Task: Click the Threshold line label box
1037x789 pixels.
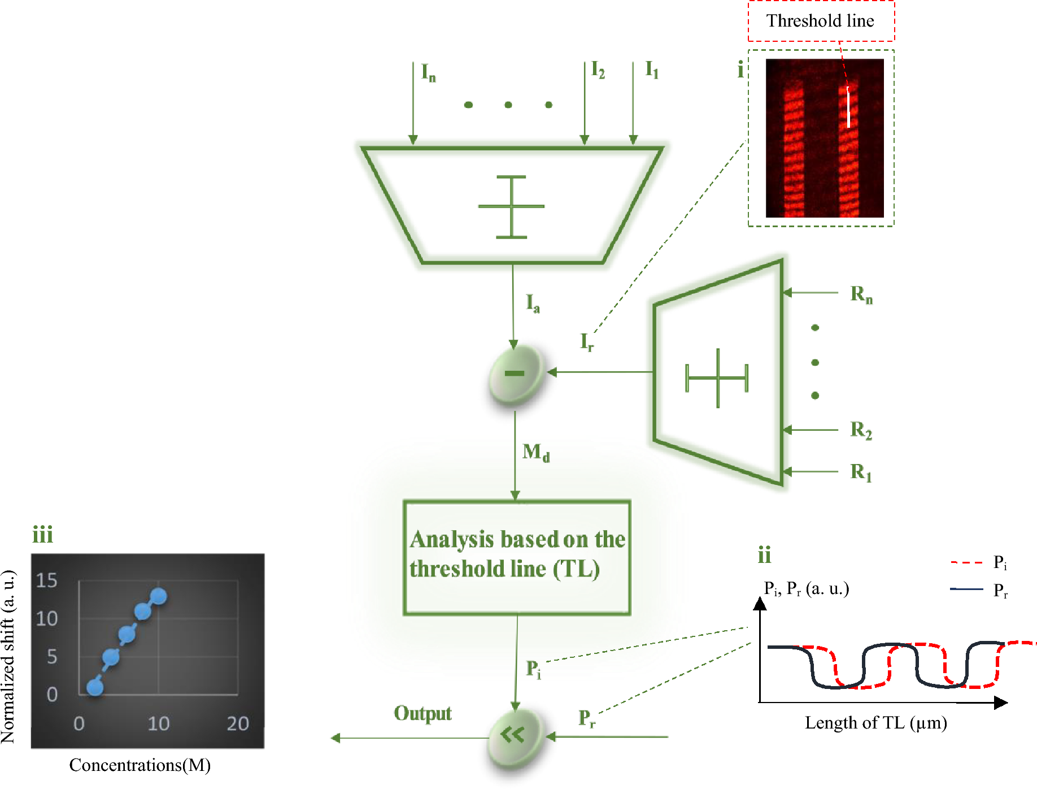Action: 821,21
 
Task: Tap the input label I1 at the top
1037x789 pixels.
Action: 652,70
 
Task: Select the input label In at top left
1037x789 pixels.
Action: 428,72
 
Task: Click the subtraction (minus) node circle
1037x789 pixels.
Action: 515,374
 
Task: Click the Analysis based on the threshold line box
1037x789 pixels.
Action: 517,557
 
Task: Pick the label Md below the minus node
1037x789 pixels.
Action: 535,452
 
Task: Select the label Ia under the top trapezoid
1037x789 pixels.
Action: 533,303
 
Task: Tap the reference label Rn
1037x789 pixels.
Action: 861,294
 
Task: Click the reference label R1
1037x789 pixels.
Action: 861,472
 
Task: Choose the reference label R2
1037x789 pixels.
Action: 861,430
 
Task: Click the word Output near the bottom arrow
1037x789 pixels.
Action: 422,713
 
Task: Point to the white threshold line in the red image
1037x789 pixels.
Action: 848,107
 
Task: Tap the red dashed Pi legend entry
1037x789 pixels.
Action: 979,563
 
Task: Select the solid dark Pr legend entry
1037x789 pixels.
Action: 979,590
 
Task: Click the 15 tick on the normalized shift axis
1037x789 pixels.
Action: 47,580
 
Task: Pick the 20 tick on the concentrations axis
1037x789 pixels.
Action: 238,723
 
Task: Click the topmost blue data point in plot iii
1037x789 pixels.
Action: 158,596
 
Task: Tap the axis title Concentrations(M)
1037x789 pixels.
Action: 140,765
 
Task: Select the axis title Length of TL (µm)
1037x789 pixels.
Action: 875,723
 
